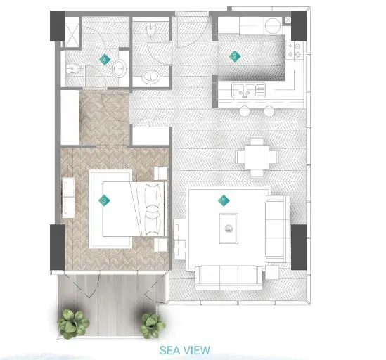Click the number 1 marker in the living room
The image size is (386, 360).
click(x=224, y=200)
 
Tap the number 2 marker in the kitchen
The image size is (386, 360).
click(x=235, y=57)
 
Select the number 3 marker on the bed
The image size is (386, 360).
click(x=104, y=200)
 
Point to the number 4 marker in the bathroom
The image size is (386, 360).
click(x=105, y=60)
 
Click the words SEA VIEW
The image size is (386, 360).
click(x=185, y=350)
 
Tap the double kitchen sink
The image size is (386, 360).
click(x=248, y=91)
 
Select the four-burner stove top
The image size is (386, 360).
click(x=294, y=50)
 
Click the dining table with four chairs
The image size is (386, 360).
click(x=257, y=157)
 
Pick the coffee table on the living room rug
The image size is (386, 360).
click(x=229, y=229)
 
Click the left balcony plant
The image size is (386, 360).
click(x=73, y=323)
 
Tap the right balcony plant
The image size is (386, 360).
click(x=153, y=326)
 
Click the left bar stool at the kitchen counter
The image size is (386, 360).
click(x=245, y=111)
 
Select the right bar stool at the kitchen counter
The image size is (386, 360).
click(x=269, y=111)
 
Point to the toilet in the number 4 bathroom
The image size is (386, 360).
click(x=72, y=68)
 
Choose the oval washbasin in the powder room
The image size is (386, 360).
click(x=150, y=77)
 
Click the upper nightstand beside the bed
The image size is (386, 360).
click(x=160, y=174)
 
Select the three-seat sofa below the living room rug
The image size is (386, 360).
click(x=229, y=278)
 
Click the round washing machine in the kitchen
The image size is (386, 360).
click(x=273, y=25)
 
